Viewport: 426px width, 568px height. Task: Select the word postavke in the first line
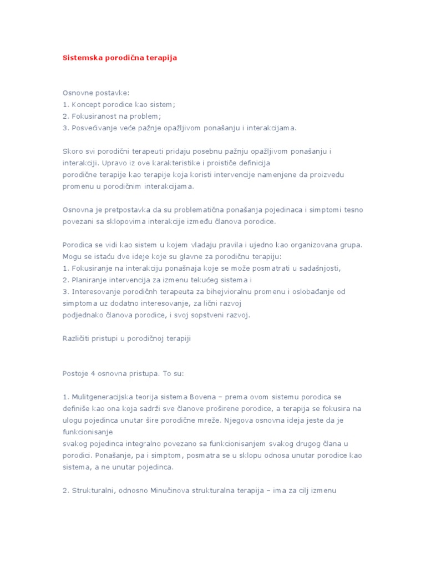point(113,92)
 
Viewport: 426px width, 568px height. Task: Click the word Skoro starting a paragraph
point(73,151)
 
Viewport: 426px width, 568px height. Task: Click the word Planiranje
point(88,280)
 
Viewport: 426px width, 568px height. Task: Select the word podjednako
point(83,315)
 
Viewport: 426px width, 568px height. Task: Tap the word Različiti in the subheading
point(77,338)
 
